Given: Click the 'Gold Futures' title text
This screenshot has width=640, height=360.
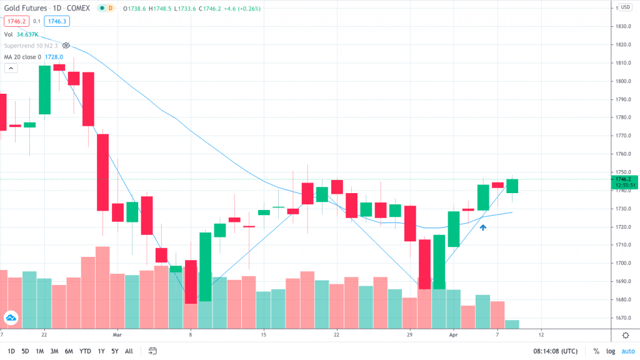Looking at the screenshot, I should coord(27,8).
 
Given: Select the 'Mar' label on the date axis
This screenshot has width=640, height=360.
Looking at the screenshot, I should coord(117,334).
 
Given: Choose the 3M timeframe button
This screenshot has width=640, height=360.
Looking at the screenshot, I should coord(55,351).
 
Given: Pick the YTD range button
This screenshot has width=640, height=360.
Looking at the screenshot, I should coord(85,351).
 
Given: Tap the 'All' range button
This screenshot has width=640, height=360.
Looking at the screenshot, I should coord(129,351).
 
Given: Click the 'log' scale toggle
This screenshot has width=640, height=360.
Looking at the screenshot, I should coord(610,351).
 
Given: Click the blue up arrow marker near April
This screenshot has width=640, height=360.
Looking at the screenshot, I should coord(483,227).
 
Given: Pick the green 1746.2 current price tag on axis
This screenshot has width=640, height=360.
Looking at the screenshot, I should coord(623,179).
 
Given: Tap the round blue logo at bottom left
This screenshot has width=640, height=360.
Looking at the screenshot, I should coord(11,318).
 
